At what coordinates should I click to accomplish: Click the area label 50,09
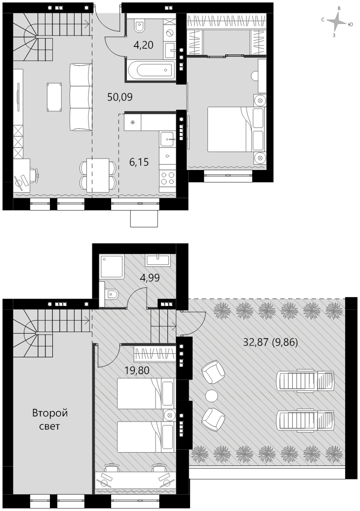[120, 97]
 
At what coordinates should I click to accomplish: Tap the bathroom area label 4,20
[143, 44]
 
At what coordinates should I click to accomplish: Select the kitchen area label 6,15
[139, 162]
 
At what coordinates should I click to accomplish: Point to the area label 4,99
[150, 278]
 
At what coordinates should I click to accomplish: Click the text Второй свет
[50, 420]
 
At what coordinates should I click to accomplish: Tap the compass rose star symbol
[336, 22]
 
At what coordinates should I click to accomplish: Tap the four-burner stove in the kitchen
[167, 178]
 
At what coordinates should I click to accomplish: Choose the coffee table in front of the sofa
[54, 97]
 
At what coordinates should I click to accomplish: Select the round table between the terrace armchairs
[212, 396]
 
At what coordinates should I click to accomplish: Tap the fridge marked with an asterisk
[133, 122]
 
